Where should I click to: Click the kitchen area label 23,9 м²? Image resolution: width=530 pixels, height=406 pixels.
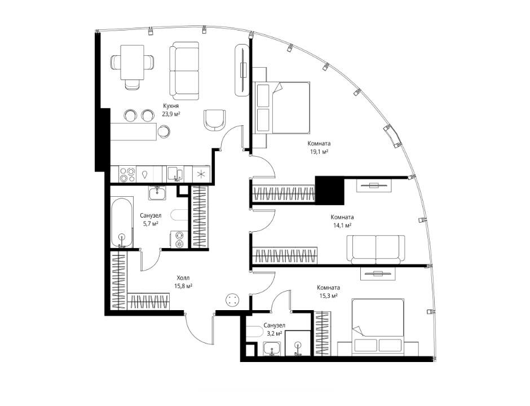point(170,114)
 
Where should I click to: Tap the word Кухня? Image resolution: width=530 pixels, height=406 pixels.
point(171,106)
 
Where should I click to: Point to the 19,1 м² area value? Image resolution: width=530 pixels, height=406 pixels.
point(320,152)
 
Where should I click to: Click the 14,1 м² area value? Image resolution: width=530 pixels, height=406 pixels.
point(342,225)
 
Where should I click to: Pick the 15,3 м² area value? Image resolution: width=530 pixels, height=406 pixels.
point(329,296)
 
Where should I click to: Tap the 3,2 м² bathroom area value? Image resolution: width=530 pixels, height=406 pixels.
point(275,334)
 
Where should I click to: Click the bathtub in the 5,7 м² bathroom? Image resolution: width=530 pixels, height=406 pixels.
point(122,223)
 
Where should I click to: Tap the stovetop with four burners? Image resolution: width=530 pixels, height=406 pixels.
point(127,175)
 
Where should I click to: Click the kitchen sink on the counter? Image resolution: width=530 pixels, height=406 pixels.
point(175,174)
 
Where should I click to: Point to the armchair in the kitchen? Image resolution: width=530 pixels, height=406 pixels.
point(215,120)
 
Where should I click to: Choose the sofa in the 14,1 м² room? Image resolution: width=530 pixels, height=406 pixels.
point(376,250)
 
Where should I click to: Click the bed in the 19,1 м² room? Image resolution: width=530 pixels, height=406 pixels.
point(282,108)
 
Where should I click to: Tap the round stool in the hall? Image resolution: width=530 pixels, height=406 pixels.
point(232,299)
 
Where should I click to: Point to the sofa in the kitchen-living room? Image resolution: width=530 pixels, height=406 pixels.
point(184,71)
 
